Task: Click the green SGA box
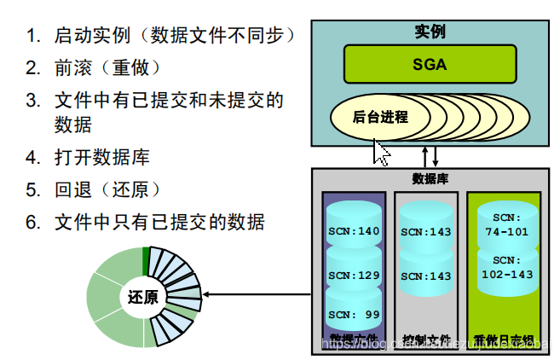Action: (430, 64)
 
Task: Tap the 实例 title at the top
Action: (430, 32)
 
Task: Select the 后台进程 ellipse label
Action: (380, 117)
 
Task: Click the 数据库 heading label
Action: (430, 178)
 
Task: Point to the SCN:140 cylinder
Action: (354, 230)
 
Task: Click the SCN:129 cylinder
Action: (354, 276)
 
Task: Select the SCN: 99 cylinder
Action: (354, 313)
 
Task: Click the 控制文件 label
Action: (427, 340)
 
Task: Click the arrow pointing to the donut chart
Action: (256, 296)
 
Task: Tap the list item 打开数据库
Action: (101, 157)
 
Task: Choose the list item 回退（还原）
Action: (107, 189)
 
